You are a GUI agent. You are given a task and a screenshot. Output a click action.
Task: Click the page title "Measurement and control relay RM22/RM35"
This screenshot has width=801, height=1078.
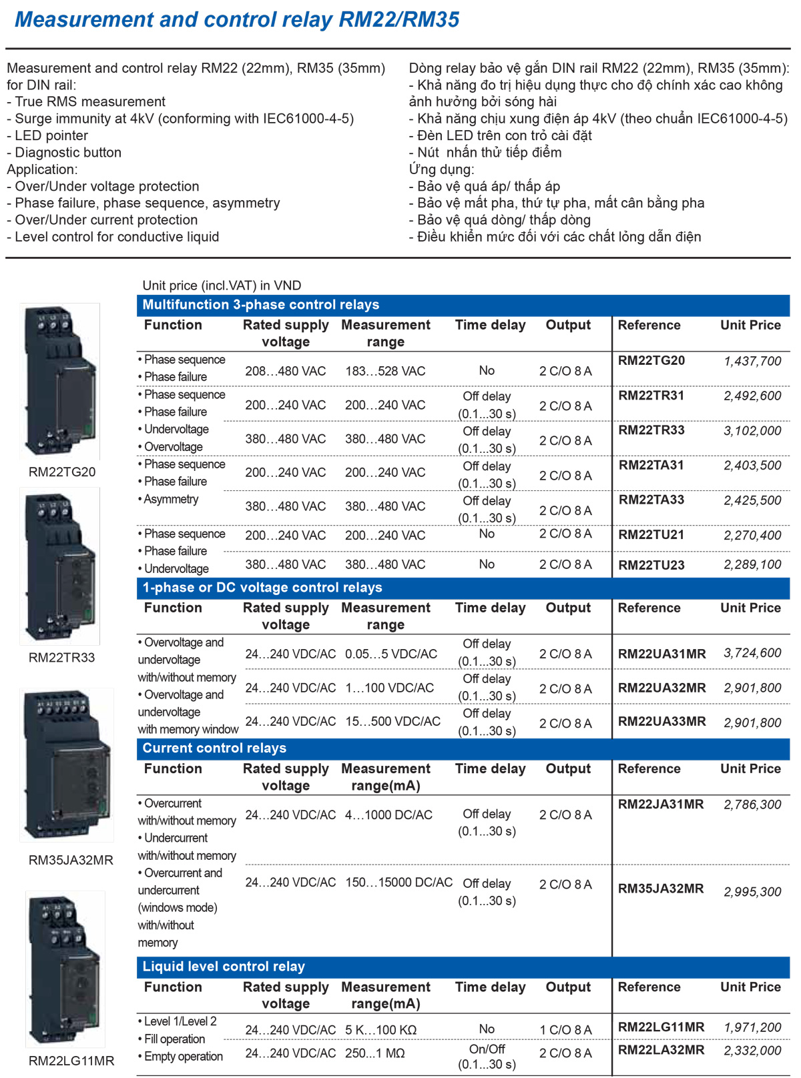point(237,19)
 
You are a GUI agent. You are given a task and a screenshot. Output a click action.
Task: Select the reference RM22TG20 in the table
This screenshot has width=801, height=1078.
point(651,361)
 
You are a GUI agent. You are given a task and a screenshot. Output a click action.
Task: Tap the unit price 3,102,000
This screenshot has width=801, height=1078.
point(752,431)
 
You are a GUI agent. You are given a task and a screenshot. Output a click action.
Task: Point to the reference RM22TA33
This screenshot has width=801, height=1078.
point(651,500)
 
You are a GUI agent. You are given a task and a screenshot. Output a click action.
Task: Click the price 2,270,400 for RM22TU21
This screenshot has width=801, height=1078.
point(752,535)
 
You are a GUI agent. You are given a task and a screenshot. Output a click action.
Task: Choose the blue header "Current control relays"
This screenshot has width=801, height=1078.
point(214,748)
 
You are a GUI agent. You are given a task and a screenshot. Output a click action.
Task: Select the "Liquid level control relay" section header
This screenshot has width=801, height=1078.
point(224,966)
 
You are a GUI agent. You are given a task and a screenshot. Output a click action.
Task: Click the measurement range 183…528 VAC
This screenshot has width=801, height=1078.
point(385,371)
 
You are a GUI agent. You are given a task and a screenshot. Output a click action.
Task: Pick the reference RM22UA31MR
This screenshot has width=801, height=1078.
point(661,654)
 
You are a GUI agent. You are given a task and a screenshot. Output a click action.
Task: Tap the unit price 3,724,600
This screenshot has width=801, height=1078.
point(752,653)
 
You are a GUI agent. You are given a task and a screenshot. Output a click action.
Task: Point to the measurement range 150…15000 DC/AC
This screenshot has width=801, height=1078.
point(398,882)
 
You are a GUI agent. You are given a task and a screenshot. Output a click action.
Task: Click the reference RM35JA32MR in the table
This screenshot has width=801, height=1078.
point(660,889)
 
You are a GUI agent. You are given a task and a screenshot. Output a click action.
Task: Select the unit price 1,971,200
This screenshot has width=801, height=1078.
point(752,1027)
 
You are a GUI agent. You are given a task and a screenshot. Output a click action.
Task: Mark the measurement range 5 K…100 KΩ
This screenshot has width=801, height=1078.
point(380,1030)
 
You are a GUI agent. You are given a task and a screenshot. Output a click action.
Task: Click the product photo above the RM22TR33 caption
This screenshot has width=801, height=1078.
point(60,566)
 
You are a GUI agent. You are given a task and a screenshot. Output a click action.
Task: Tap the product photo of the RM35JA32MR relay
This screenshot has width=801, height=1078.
point(67,764)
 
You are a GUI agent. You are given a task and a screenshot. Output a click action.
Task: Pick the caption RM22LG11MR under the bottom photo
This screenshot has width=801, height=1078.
point(71,1061)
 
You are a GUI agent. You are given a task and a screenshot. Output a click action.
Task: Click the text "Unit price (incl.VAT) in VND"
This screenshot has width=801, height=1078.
point(222,286)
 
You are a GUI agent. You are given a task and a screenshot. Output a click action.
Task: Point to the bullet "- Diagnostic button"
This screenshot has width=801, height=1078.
point(64,152)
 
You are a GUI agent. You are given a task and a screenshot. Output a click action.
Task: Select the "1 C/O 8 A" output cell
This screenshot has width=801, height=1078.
point(565,1030)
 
